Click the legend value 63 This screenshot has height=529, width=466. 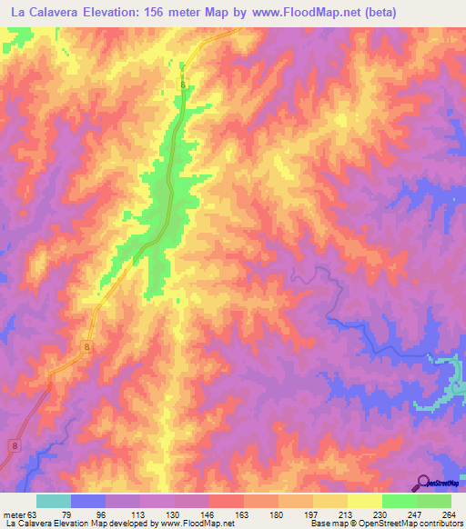pos(35,514)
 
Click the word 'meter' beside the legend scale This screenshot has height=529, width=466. pos(13,514)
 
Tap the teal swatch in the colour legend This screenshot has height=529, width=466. pos(54,501)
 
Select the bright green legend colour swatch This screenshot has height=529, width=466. pos(400,501)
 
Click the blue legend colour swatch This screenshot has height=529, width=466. pos(88,501)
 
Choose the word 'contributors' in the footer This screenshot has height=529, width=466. pos(438,524)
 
